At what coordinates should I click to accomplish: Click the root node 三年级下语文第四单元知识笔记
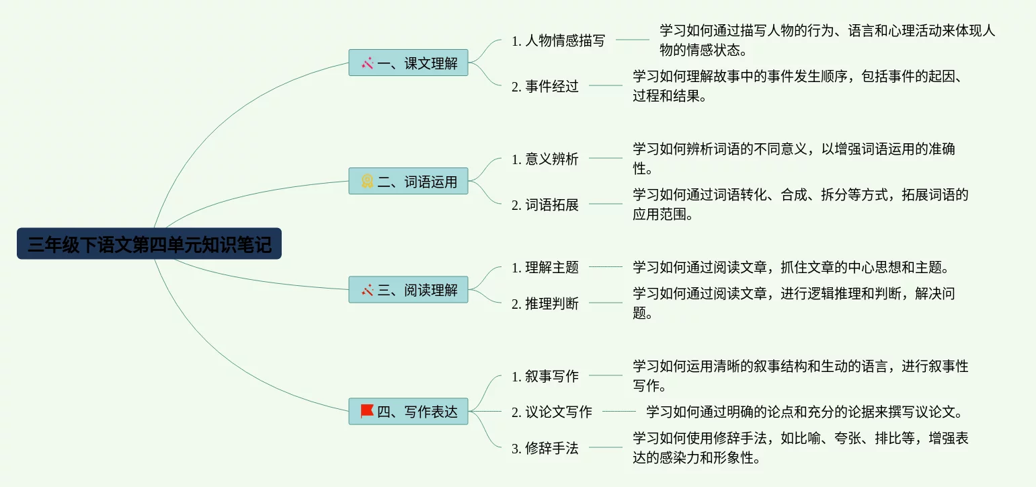[x=149, y=244]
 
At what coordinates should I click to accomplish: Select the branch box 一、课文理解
[x=408, y=63]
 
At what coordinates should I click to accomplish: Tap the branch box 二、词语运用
[x=408, y=182]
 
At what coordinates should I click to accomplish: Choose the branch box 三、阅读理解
[x=408, y=290]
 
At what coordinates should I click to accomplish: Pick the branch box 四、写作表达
[x=408, y=412]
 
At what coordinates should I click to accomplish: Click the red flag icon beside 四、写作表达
[x=367, y=411]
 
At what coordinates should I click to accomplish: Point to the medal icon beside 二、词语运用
[x=367, y=182]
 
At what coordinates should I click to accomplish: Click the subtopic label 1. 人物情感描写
[x=558, y=40]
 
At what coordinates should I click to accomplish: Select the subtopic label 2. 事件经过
[x=545, y=86]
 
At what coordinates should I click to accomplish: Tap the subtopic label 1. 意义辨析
[x=545, y=159]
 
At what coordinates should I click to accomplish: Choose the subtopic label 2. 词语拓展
[x=545, y=204]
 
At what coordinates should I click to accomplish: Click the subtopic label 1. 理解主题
[x=545, y=267]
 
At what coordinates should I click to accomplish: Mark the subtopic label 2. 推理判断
[x=545, y=303]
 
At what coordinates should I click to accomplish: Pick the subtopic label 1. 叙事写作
[x=545, y=376]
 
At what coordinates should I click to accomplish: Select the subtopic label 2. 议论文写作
[x=551, y=412]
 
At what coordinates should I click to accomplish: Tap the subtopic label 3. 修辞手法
[x=545, y=448]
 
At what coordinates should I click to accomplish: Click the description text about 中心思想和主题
[x=791, y=267]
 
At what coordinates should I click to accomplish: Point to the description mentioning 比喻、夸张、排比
[x=800, y=449]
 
